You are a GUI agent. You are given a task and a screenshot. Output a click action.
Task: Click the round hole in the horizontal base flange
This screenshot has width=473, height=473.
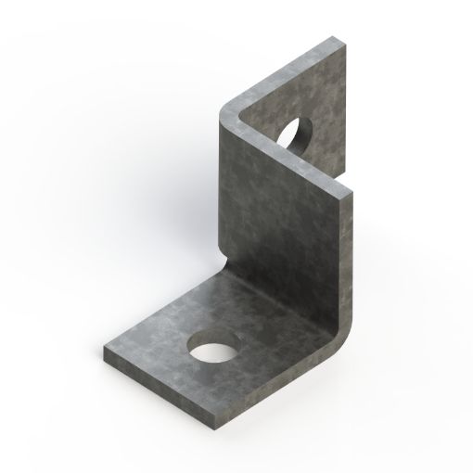[213, 352]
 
